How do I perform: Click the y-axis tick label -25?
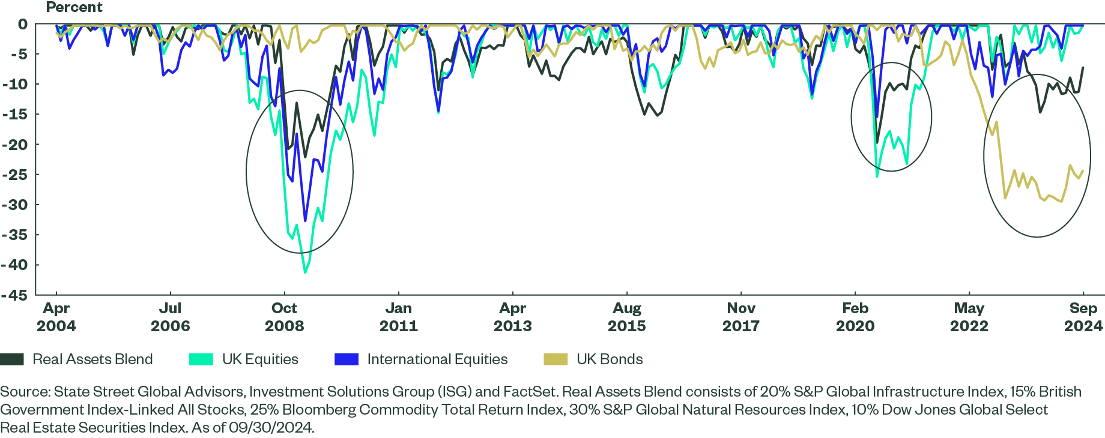[14, 175]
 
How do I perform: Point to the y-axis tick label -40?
[14, 265]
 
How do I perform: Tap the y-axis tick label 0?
[22, 24]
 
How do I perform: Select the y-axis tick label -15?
[14, 114]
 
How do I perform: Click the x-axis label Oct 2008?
[284, 317]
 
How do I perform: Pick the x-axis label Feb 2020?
[855, 317]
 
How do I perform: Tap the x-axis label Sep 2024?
[1083, 317]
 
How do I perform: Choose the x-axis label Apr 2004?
[56, 317]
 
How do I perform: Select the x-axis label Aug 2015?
[627, 317]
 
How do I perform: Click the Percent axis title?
[74, 7]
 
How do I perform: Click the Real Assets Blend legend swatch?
[12, 359]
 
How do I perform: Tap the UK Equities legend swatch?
[201, 359]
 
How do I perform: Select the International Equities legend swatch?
[347, 359]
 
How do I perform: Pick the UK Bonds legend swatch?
[556, 359]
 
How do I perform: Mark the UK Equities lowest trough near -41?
[305, 273]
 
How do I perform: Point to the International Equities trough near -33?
[305, 221]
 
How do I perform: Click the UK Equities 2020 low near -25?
[877, 176]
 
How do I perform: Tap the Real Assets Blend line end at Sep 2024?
[1083, 67]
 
